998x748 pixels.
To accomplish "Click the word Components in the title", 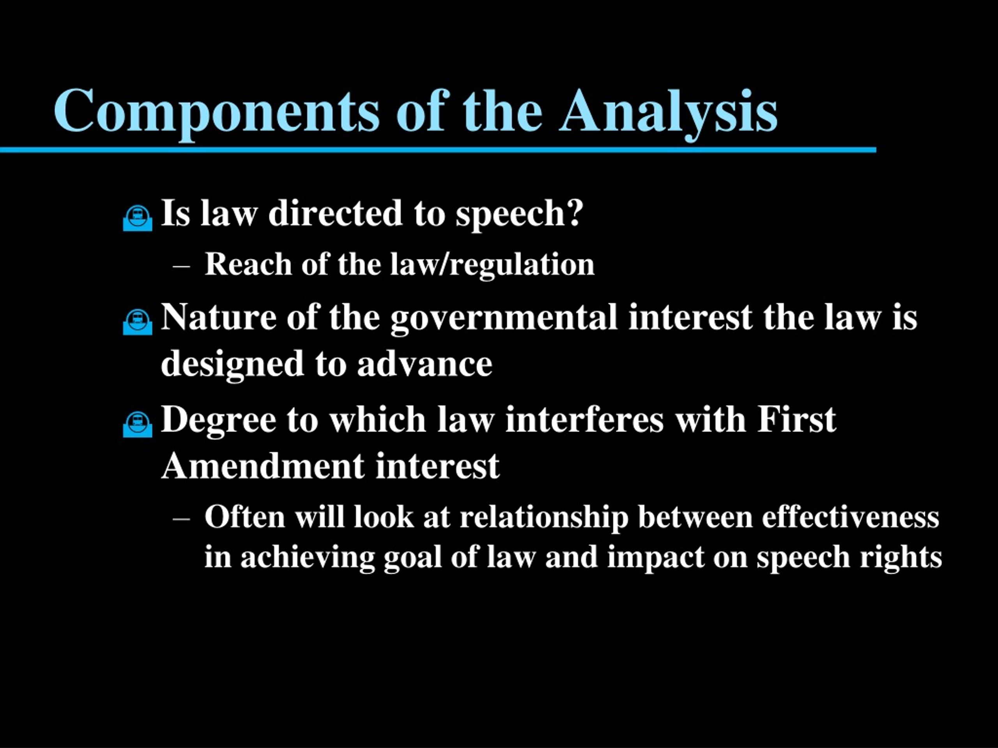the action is pyautogui.click(x=217, y=111).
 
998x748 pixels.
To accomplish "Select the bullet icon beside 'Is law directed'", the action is pyautogui.click(x=138, y=219).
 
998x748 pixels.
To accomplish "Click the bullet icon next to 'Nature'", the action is pyautogui.click(x=138, y=322).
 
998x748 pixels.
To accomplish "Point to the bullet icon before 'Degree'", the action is pyautogui.click(x=138, y=424).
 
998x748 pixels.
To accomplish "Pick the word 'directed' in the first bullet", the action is pyautogui.click(x=335, y=213).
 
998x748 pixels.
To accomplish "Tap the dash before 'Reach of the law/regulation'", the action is pyautogui.click(x=181, y=266).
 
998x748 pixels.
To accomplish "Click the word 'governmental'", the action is pyautogui.click(x=504, y=318).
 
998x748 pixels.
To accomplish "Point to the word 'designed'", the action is pyautogui.click(x=232, y=365).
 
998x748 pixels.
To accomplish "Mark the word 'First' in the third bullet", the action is pyautogui.click(x=796, y=420).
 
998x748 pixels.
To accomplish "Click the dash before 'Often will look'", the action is pyautogui.click(x=181, y=519).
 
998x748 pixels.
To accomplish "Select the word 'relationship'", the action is pyautogui.click(x=544, y=518).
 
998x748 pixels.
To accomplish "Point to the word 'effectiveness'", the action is pyautogui.click(x=851, y=516).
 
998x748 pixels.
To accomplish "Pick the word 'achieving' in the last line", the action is pyautogui.click(x=308, y=558).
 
